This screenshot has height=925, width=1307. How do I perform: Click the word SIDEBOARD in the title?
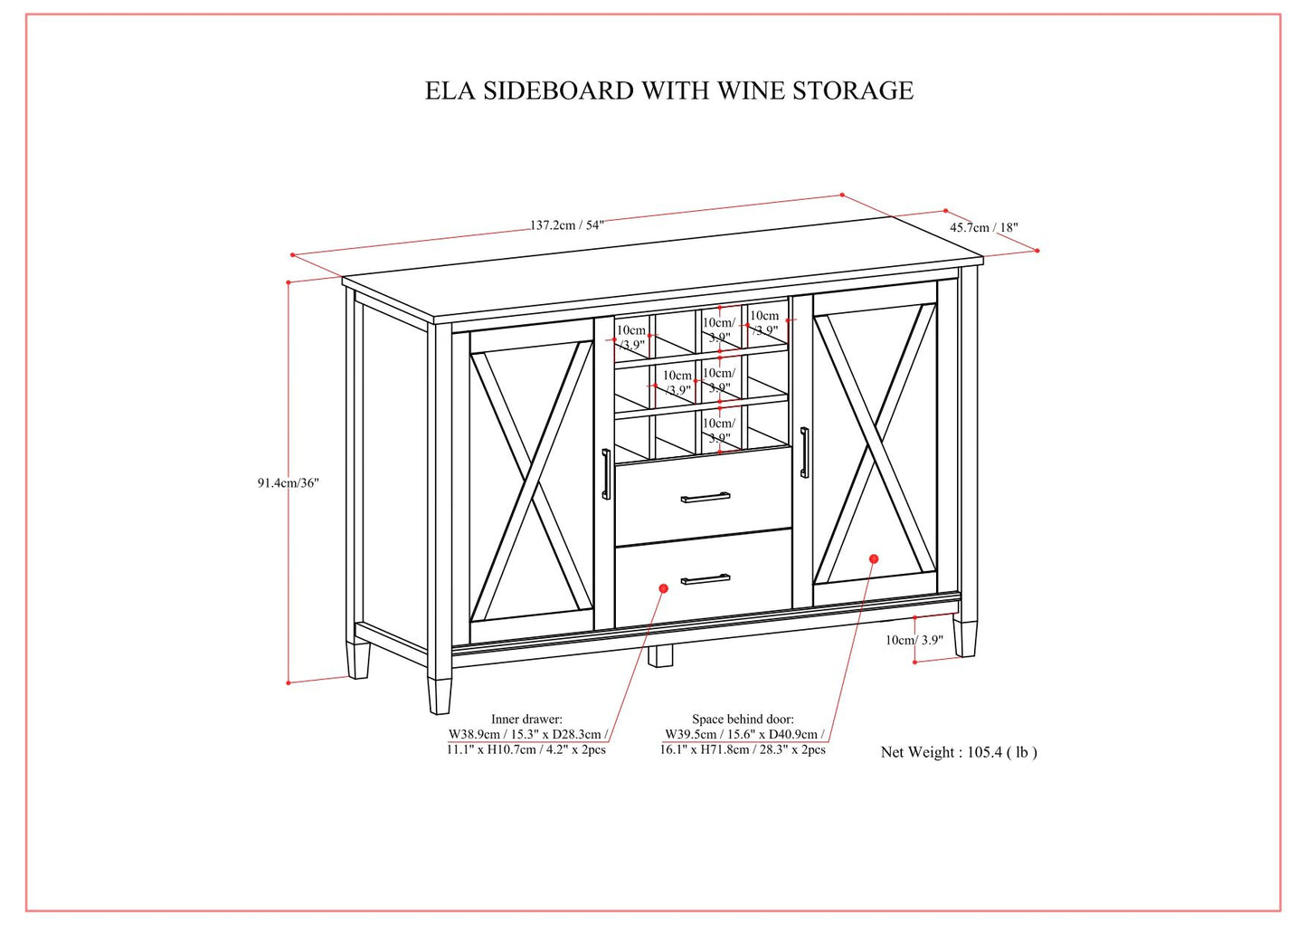point(557,91)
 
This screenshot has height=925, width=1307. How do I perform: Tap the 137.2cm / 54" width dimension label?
point(566,225)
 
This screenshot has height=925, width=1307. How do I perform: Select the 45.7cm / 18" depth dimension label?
point(983,227)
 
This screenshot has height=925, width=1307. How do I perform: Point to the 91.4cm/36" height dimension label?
point(288,483)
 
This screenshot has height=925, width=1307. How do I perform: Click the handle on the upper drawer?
point(706,497)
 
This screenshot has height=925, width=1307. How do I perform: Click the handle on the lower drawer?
point(706,578)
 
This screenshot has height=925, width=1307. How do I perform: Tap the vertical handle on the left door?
point(606,473)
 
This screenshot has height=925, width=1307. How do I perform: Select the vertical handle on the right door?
point(804,452)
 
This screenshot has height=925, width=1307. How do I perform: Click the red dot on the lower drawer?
point(663,588)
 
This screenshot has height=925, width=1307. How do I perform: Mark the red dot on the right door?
point(874,558)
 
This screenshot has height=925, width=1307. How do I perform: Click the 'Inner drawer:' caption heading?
point(526,720)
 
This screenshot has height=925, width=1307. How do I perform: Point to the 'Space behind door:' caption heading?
point(743,720)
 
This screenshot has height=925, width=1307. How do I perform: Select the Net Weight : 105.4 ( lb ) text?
point(959,752)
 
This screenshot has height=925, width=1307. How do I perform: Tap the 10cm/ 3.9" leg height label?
point(914,640)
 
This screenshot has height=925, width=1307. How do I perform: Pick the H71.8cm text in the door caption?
point(724,749)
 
